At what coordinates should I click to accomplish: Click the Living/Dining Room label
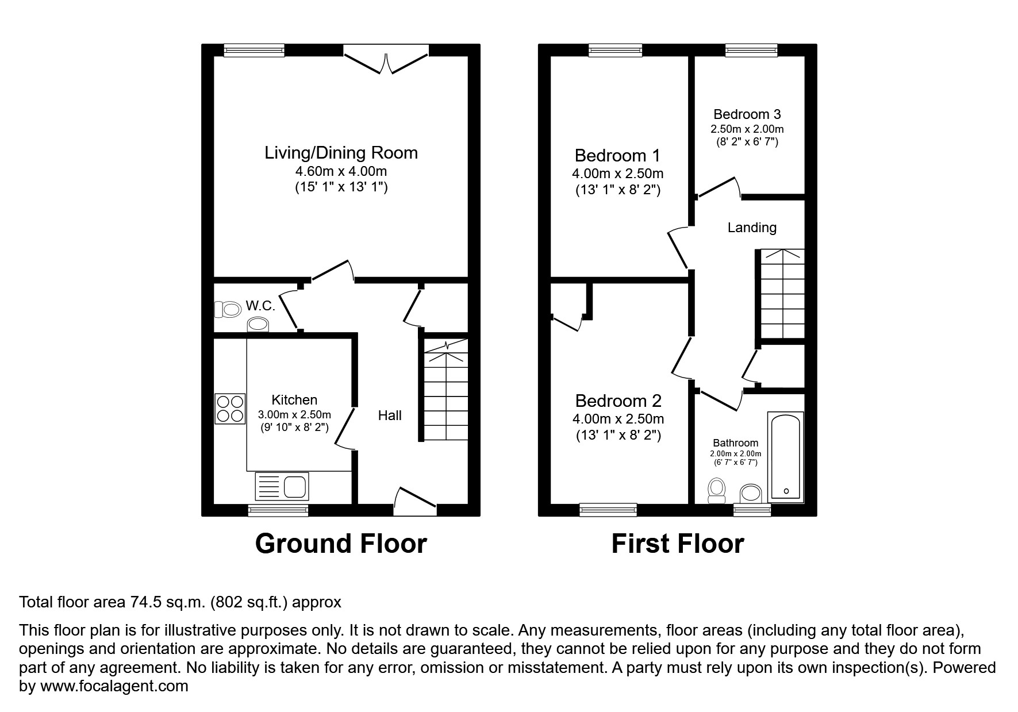[x=341, y=153]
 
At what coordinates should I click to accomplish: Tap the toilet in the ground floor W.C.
[x=228, y=310]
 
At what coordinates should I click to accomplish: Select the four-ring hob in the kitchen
[x=230, y=409]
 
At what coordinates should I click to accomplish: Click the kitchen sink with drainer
[x=282, y=486]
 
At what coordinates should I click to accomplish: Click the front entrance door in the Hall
[x=415, y=498]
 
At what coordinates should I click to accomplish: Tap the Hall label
[x=389, y=415]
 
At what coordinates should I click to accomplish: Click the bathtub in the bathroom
[x=785, y=456]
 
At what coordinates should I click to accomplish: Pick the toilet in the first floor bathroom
[x=716, y=490]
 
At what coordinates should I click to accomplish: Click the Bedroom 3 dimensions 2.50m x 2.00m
[x=747, y=129]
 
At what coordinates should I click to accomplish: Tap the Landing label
[x=752, y=228]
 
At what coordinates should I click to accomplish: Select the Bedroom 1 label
[x=617, y=156]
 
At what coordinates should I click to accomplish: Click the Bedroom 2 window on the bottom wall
[x=608, y=509]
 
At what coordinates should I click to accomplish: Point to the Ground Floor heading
[x=341, y=544]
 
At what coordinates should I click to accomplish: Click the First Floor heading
[x=677, y=544]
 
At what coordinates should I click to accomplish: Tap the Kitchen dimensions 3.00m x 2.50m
[x=294, y=415]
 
